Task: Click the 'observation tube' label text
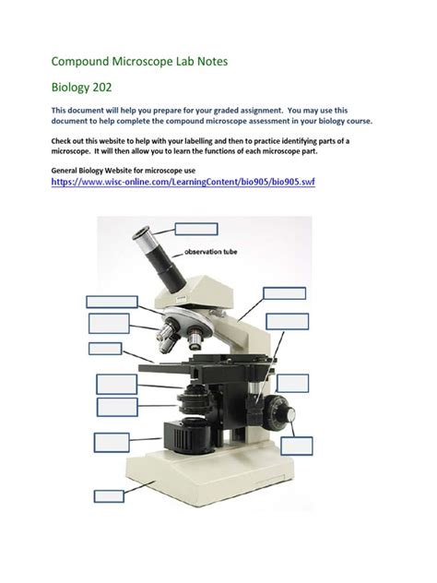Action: [214, 250]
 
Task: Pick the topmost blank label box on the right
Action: [284, 293]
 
